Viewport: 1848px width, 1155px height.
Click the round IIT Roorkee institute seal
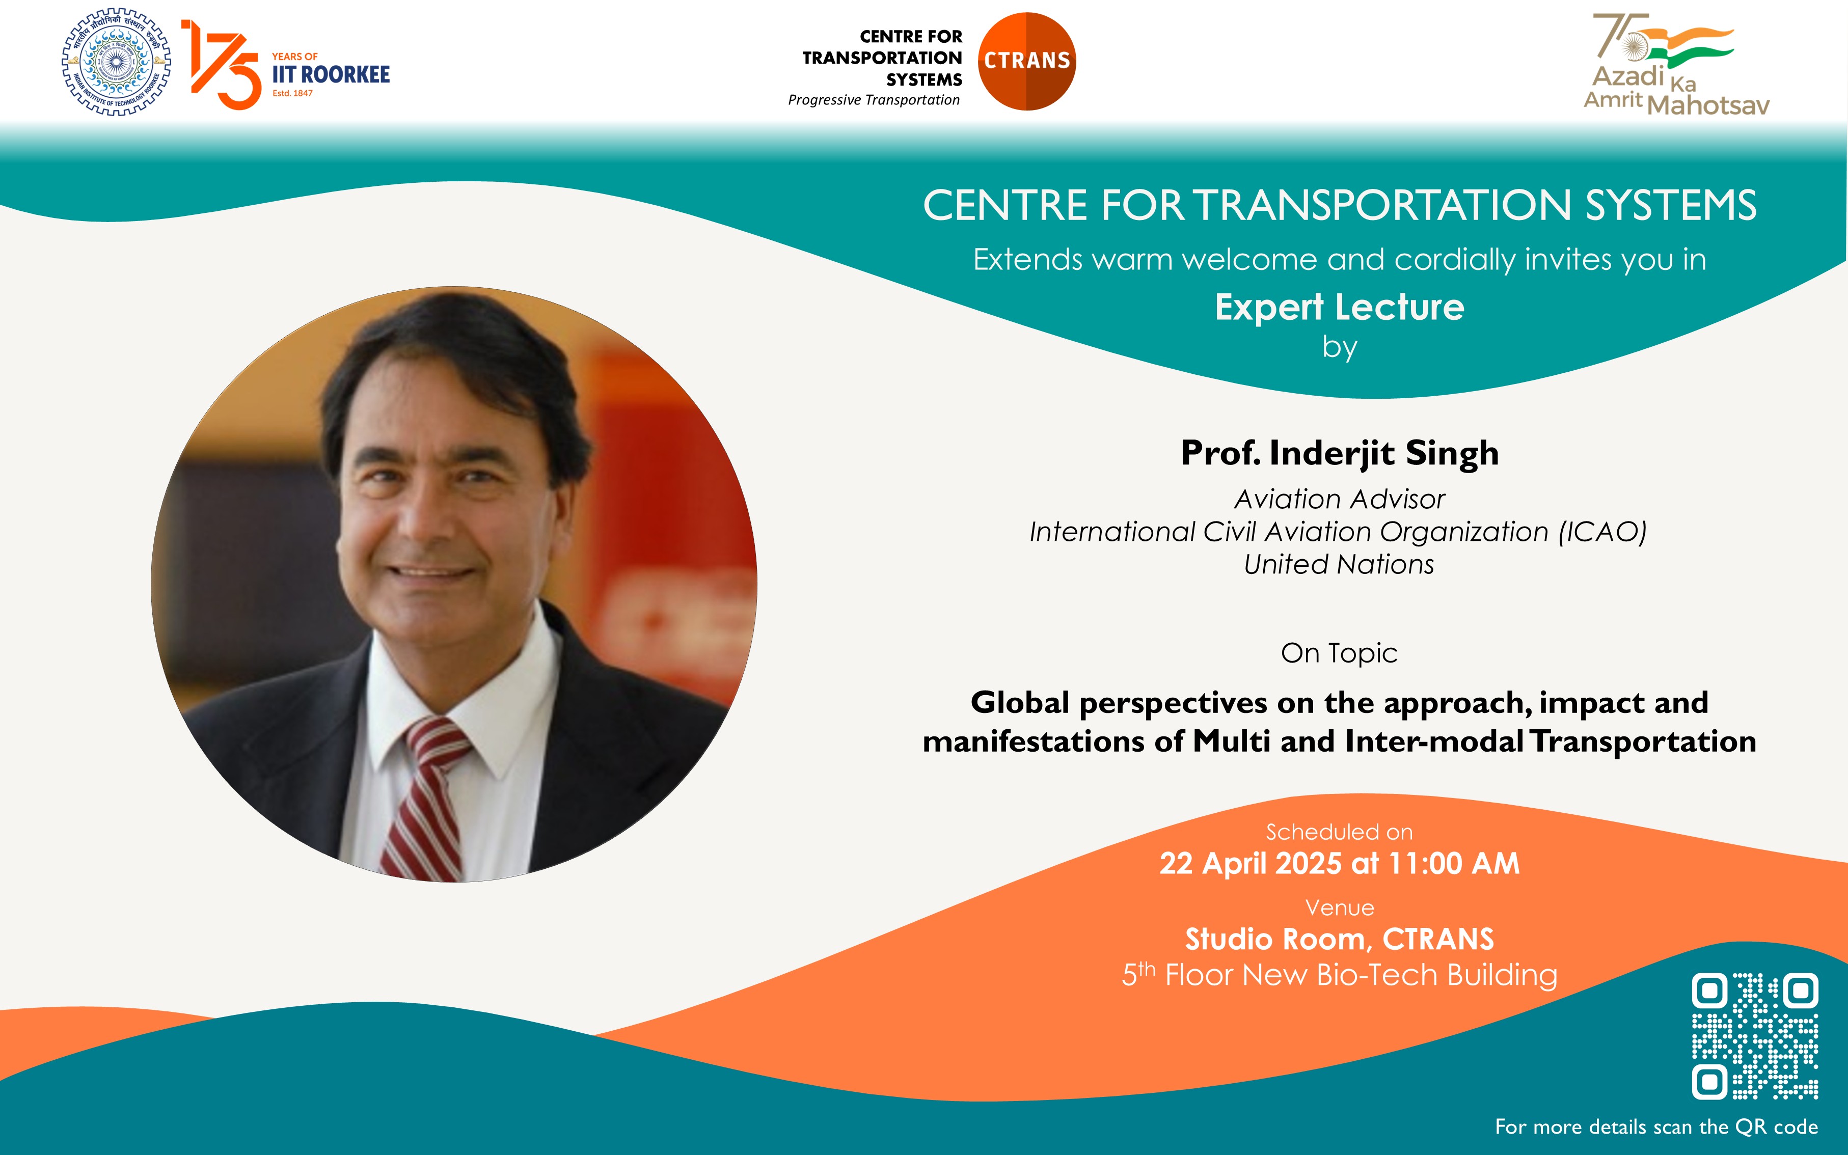(116, 62)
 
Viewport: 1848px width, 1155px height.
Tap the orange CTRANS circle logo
(1027, 61)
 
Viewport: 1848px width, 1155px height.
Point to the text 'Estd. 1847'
(292, 93)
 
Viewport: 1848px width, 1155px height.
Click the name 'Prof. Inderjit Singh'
(1339, 453)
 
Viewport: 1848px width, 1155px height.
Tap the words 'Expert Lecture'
(1339, 307)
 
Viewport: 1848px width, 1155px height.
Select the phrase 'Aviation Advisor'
(1339, 499)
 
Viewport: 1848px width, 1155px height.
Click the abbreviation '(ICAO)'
(1602, 532)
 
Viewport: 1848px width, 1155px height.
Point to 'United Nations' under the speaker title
(1339, 564)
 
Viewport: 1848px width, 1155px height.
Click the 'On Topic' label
(1339, 653)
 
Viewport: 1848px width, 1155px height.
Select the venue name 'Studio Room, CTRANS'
(1339, 939)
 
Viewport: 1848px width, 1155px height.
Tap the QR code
(1755, 1036)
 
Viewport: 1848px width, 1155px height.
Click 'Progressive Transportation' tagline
(874, 100)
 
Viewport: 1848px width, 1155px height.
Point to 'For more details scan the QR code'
(1656, 1126)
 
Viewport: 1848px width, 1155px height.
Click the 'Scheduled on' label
(1339, 832)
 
